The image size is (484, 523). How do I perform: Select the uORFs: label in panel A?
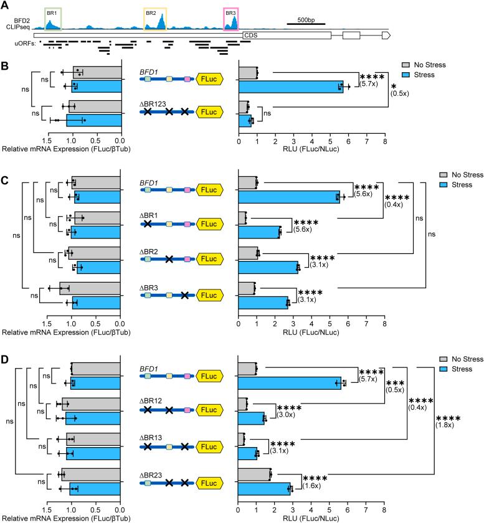coord(22,44)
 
